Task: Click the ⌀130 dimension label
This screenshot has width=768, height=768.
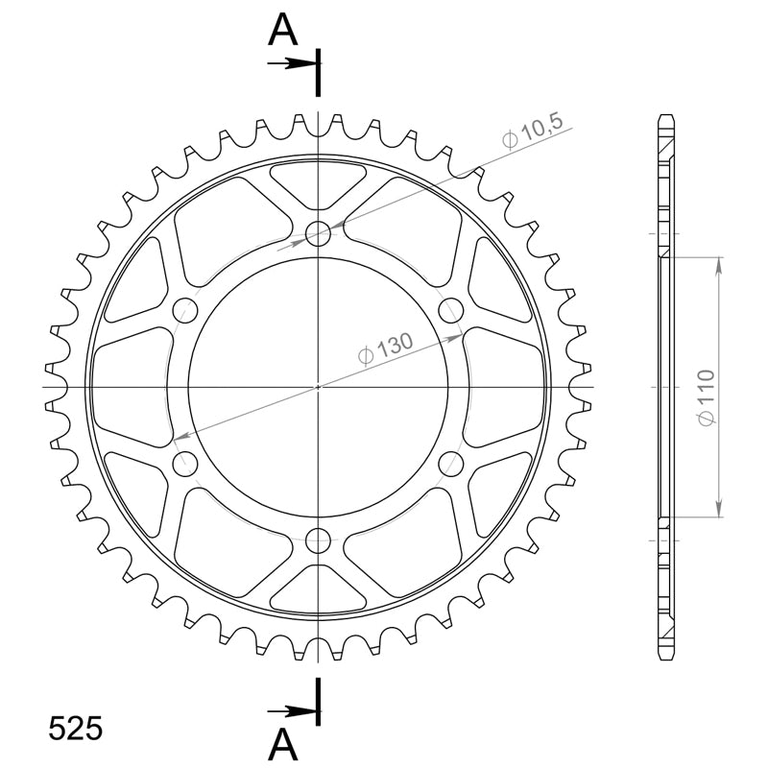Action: (386, 348)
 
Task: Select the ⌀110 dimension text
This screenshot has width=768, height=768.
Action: (706, 397)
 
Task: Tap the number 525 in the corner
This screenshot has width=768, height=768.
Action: (76, 729)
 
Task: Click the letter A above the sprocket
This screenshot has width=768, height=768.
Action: (282, 30)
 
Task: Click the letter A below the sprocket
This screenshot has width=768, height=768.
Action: (282, 744)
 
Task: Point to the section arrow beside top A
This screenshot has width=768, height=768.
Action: (291, 63)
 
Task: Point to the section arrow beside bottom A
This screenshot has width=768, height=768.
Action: (291, 711)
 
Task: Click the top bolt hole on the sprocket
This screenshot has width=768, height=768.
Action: (318, 233)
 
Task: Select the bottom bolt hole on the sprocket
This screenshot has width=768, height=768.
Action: (318, 540)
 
